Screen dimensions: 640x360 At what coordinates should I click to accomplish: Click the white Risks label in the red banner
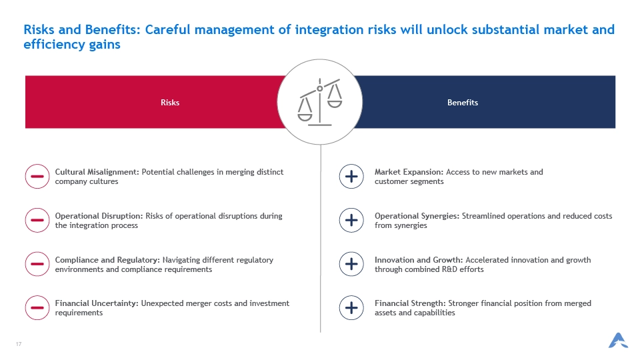click(x=170, y=103)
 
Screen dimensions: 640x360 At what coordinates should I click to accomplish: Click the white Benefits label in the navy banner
click(x=463, y=103)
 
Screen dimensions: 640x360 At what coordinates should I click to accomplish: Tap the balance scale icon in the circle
click(x=319, y=102)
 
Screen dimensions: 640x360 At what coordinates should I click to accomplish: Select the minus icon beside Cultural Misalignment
click(x=37, y=176)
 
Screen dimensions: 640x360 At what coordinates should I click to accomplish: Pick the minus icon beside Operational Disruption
click(x=37, y=220)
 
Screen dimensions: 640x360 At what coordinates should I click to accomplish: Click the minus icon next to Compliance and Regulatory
click(x=37, y=264)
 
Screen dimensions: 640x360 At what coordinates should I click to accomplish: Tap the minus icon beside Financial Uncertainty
click(x=37, y=307)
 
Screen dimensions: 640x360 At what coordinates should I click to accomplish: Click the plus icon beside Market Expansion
click(x=351, y=176)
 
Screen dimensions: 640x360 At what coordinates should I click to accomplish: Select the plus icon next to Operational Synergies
click(x=351, y=220)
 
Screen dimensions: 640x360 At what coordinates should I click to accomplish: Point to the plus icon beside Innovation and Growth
click(x=351, y=264)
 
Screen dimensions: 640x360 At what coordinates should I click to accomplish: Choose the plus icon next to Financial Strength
click(x=351, y=307)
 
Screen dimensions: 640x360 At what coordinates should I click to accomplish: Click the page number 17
click(x=19, y=344)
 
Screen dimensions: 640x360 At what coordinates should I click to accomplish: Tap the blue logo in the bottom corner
click(x=618, y=341)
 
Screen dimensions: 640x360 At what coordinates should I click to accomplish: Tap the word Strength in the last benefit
click(x=430, y=303)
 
